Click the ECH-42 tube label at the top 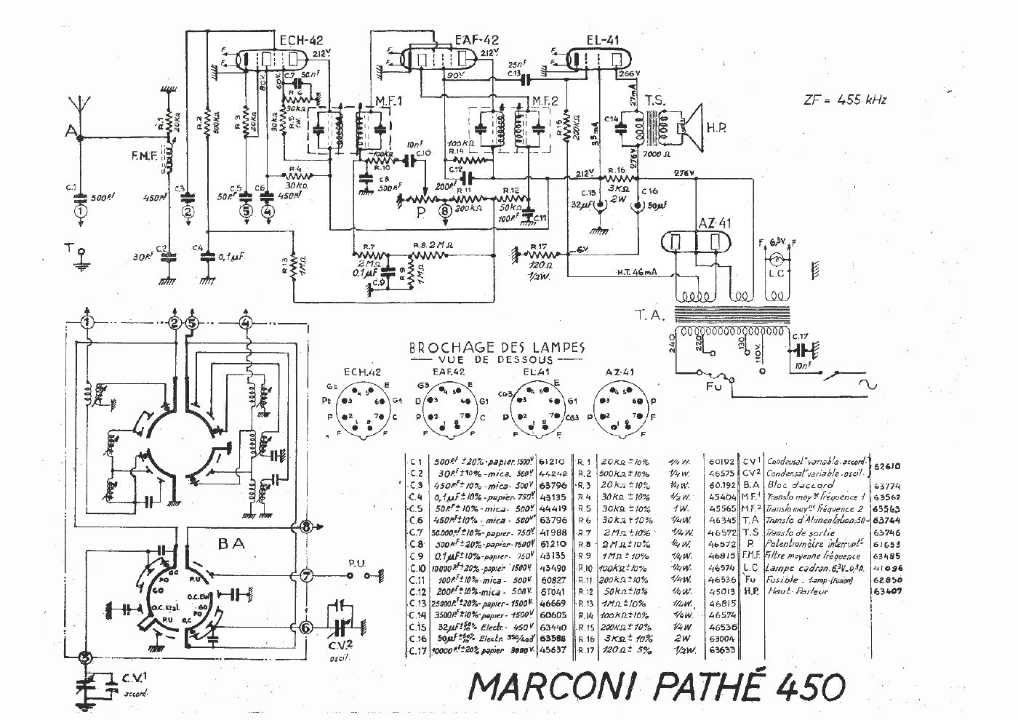click(x=300, y=40)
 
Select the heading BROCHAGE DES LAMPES click(x=497, y=348)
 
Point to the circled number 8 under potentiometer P click(x=446, y=211)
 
